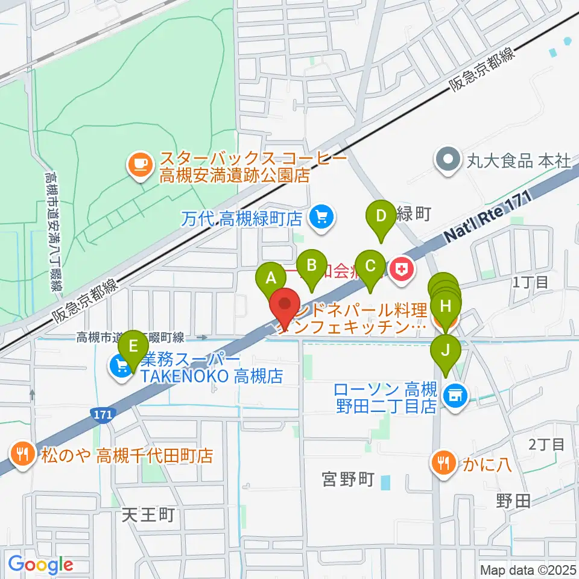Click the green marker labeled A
pyautogui.click(x=271, y=279)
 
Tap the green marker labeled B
pyautogui.click(x=312, y=265)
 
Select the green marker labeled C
pyautogui.click(x=370, y=265)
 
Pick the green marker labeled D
pyautogui.click(x=381, y=215)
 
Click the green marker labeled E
pyautogui.click(x=133, y=346)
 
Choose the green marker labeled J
pyautogui.click(x=446, y=350)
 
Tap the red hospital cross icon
pyautogui.click(x=402, y=270)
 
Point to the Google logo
pyautogui.click(x=40, y=565)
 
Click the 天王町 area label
pyautogui.click(x=148, y=514)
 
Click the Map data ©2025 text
pyautogui.click(x=528, y=569)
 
